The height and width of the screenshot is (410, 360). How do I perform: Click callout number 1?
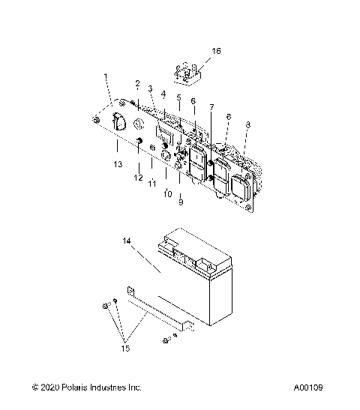106,76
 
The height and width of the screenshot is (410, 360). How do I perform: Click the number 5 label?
178,97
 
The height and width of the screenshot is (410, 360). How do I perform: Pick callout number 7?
211,107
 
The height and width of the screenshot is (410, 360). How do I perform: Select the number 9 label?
179,202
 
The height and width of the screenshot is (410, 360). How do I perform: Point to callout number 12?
138,177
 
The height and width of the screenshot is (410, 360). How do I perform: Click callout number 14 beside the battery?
127,241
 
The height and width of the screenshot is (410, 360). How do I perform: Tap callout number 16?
216,51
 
